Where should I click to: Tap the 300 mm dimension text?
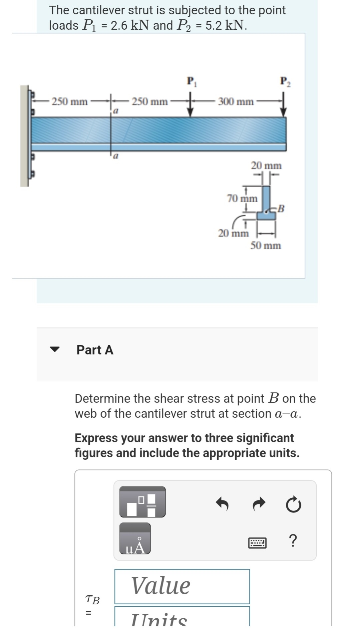[236, 101]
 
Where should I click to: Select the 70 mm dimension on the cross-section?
[242, 199]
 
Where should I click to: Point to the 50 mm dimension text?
[266, 246]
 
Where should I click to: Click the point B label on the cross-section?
[281, 209]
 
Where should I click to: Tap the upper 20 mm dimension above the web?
[266, 166]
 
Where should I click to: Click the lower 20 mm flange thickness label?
[233, 233]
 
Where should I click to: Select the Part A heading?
[95, 350]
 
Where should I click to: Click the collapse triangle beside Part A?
[54, 350]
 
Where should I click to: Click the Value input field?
[182, 586]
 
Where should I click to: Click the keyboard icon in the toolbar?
[257, 543]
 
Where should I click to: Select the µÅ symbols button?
[135, 538]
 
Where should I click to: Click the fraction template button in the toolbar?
[142, 501]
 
